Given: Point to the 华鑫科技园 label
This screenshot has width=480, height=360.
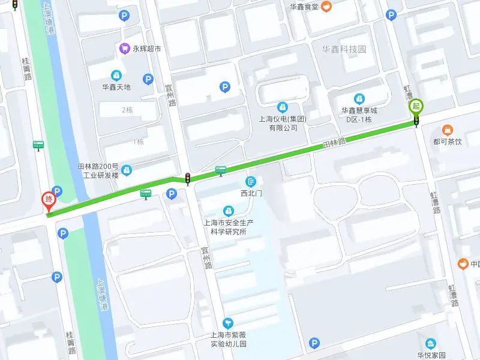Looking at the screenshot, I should [x=344, y=49].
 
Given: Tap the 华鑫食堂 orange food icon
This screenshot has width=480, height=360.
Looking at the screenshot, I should [x=326, y=7].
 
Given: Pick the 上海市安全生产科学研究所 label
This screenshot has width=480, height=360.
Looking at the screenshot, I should [x=229, y=226].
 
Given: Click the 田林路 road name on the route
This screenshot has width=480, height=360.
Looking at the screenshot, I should [x=334, y=144].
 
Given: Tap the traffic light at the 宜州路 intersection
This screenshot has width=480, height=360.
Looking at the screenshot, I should [x=188, y=178].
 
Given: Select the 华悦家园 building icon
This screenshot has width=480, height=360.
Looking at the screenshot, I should [x=431, y=343].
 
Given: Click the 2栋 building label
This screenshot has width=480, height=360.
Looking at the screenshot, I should [x=127, y=110].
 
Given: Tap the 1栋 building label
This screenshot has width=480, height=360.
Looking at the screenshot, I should [x=138, y=142].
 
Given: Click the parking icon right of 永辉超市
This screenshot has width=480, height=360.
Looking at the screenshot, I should [x=148, y=79].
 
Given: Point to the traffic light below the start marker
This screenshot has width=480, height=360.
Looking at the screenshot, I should [x=416, y=122].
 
